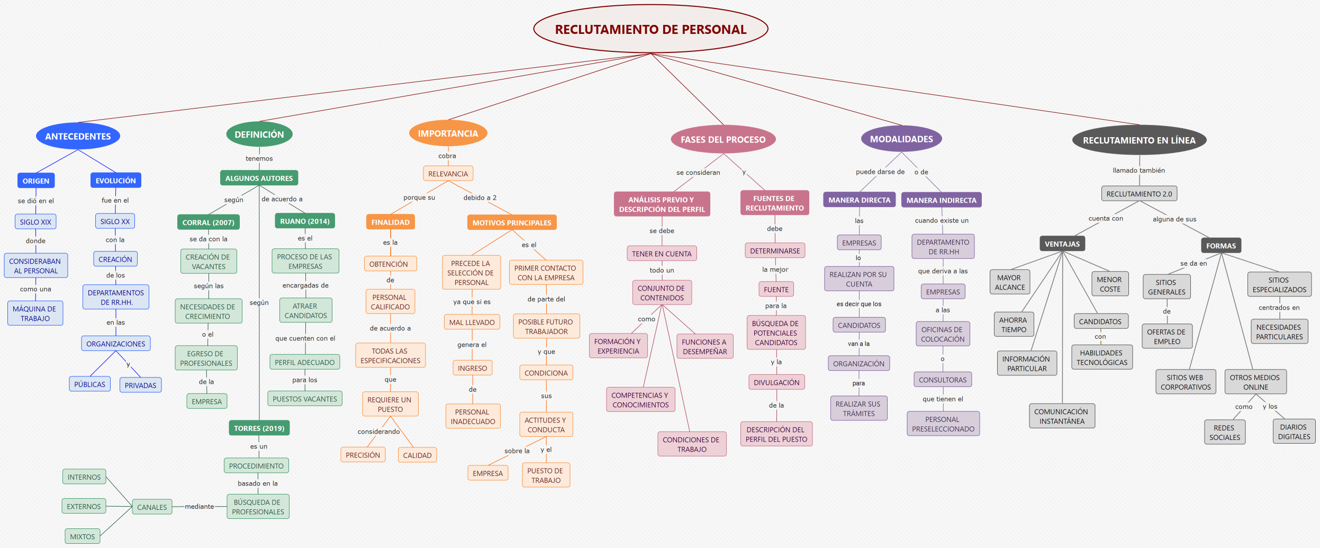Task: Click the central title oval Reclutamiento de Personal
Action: (x=650, y=29)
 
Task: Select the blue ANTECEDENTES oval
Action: (x=78, y=136)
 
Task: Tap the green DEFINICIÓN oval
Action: (x=259, y=134)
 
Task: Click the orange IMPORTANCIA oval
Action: (x=448, y=133)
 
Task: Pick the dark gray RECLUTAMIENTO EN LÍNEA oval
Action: (x=1139, y=140)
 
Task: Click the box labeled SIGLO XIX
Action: (x=35, y=222)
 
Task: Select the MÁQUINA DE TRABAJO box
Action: (x=35, y=313)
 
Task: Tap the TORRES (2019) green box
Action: (x=259, y=428)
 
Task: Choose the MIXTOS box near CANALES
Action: (x=83, y=536)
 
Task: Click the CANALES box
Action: (x=152, y=507)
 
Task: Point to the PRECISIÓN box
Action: (x=363, y=455)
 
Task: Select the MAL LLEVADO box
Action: (x=472, y=322)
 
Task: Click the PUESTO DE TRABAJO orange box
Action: (x=546, y=475)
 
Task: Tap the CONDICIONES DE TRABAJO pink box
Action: (x=691, y=444)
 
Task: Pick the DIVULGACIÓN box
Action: (x=776, y=382)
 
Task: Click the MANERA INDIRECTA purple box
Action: (x=941, y=200)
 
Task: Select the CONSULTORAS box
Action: (x=942, y=380)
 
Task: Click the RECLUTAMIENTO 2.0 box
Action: (x=1139, y=194)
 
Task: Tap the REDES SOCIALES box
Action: (x=1224, y=433)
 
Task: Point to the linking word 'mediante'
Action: (x=199, y=507)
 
